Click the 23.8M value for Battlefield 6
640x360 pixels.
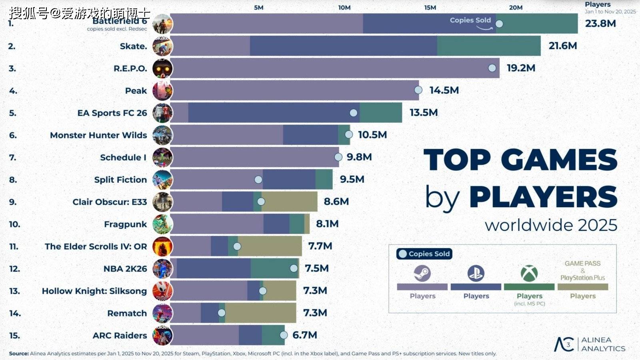[x=600, y=24]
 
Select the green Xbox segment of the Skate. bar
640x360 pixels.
[x=488, y=46]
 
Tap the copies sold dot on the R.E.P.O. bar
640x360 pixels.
[x=492, y=68]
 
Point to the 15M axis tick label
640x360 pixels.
[x=430, y=8]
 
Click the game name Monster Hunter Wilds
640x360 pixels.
[x=98, y=135]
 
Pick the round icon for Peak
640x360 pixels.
[x=162, y=91]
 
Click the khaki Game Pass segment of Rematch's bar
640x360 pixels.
[x=260, y=313]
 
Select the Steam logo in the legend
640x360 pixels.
[x=422, y=274]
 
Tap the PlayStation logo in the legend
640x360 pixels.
[x=476, y=274]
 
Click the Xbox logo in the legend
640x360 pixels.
[x=529, y=274]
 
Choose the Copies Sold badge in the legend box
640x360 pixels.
[x=424, y=254]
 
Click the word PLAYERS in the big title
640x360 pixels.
[x=543, y=197]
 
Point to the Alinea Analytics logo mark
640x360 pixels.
[x=564, y=344]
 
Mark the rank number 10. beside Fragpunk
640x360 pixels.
[x=14, y=224]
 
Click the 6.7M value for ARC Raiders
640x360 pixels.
[x=305, y=335]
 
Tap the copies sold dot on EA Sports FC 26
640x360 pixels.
[x=354, y=113]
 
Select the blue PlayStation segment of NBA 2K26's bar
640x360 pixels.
[x=214, y=268]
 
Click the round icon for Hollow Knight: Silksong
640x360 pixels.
[x=162, y=291]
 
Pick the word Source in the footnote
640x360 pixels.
[x=19, y=354]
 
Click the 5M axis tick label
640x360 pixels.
[x=259, y=8]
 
